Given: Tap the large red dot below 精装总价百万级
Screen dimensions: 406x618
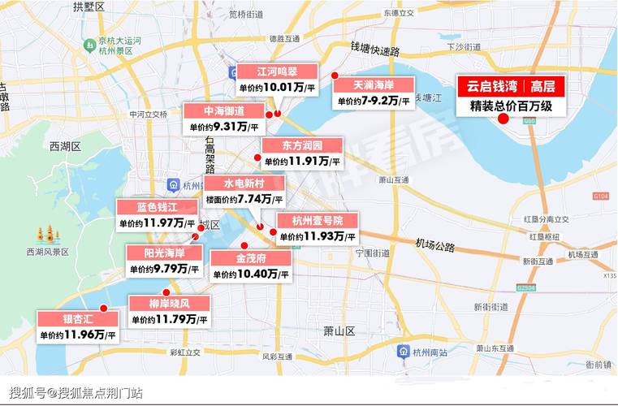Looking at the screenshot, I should (503, 119).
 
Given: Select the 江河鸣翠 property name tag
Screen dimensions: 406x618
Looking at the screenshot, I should (277, 71).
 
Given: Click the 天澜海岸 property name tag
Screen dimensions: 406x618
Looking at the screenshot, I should (374, 84).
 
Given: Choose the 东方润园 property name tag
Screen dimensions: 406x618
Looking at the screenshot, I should (301, 145).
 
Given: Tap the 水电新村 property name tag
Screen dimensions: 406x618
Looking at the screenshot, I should (244, 183).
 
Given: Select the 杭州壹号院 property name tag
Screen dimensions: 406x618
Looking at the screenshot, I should (317, 220).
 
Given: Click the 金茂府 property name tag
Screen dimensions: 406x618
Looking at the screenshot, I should (251, 258).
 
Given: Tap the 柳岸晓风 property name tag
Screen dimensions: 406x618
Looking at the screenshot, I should (169, 304).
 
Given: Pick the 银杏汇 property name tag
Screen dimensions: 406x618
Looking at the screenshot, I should (79, 317).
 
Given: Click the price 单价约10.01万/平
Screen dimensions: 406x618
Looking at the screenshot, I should (277, 86).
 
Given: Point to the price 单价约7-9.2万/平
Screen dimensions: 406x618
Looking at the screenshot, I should (374, 101).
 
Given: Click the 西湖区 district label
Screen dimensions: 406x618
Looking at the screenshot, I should (65, 147).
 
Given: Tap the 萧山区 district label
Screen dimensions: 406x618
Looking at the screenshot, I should (339, 330).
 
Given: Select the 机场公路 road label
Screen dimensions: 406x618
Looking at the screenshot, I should (434, 243).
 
